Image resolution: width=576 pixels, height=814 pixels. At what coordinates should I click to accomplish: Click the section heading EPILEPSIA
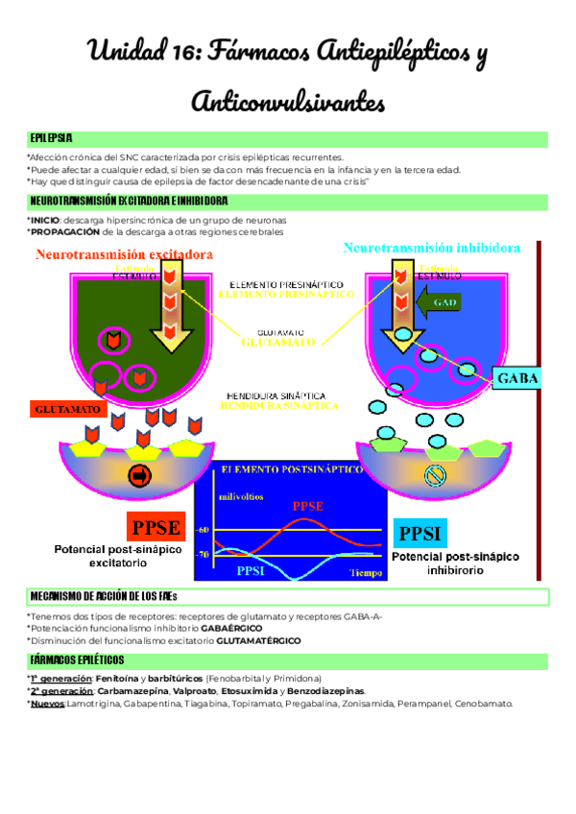click(x=51, y=138)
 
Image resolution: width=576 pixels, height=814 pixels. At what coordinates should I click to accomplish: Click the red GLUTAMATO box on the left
click(x=68, y=409)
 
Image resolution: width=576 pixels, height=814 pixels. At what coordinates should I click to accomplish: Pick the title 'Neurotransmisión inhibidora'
click(x=433, y=249)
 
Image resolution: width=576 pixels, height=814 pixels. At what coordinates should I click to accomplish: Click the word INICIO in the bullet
click(x=45, y=220)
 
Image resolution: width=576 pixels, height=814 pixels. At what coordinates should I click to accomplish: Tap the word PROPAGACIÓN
click(x=63, y=231)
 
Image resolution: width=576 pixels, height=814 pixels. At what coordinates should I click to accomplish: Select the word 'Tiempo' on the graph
click(x=365, y=573)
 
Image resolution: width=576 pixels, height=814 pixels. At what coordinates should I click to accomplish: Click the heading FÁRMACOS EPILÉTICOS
click(x=77, y=659)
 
